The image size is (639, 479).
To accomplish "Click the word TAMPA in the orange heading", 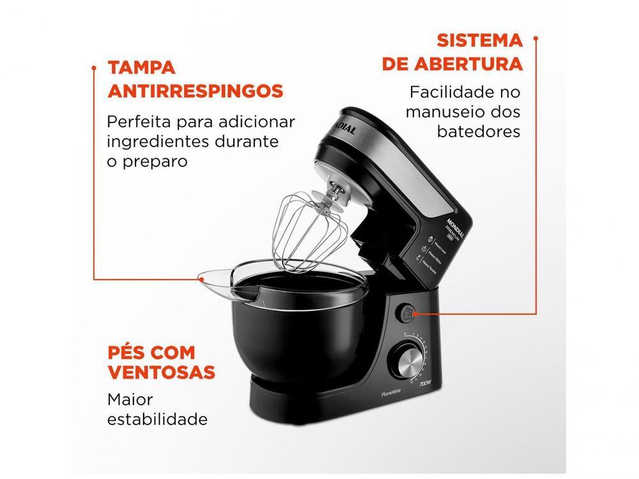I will pos(141,68).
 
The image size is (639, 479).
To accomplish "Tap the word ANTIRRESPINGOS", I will pos(195,91).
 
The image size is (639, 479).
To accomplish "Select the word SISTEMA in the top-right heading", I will pos(480,40).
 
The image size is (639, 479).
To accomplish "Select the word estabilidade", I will pos(157,420).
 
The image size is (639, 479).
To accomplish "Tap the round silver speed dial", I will pos(406,361).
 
